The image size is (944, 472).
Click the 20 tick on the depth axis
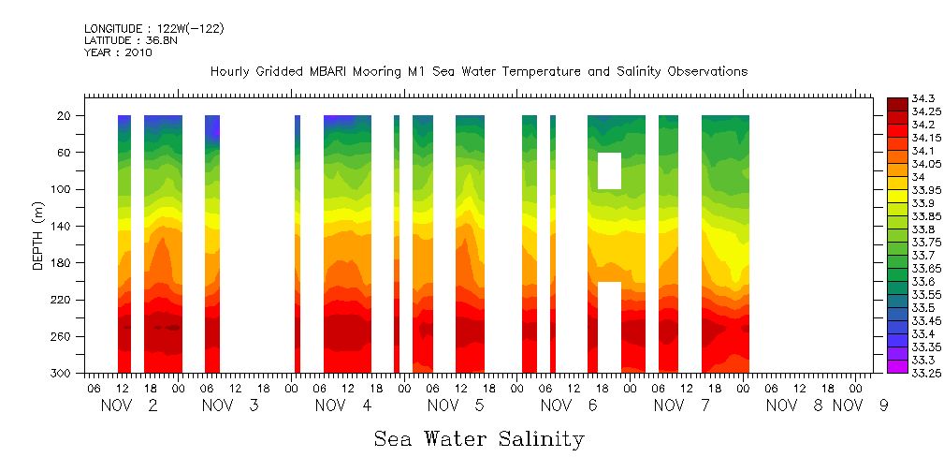tap(64, 116)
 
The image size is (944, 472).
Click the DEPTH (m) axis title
tap(37, 235)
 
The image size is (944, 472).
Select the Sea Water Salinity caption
tap(479, 439)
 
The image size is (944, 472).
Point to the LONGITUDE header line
tap(153, 29)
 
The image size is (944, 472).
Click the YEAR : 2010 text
tap(118, 52)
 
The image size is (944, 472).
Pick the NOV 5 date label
tap(456, 406)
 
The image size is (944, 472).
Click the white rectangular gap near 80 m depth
tap(609, 170)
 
